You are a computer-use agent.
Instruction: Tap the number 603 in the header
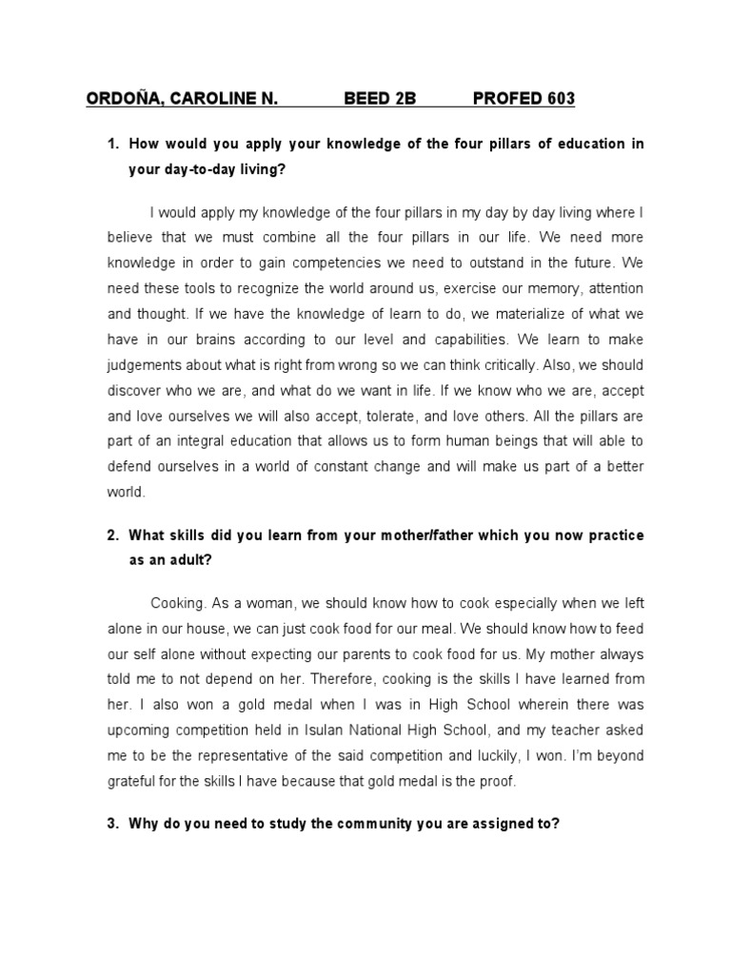pos(559,99)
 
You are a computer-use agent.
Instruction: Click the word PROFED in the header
pos(505,99)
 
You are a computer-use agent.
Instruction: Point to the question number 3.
pos(111,825)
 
